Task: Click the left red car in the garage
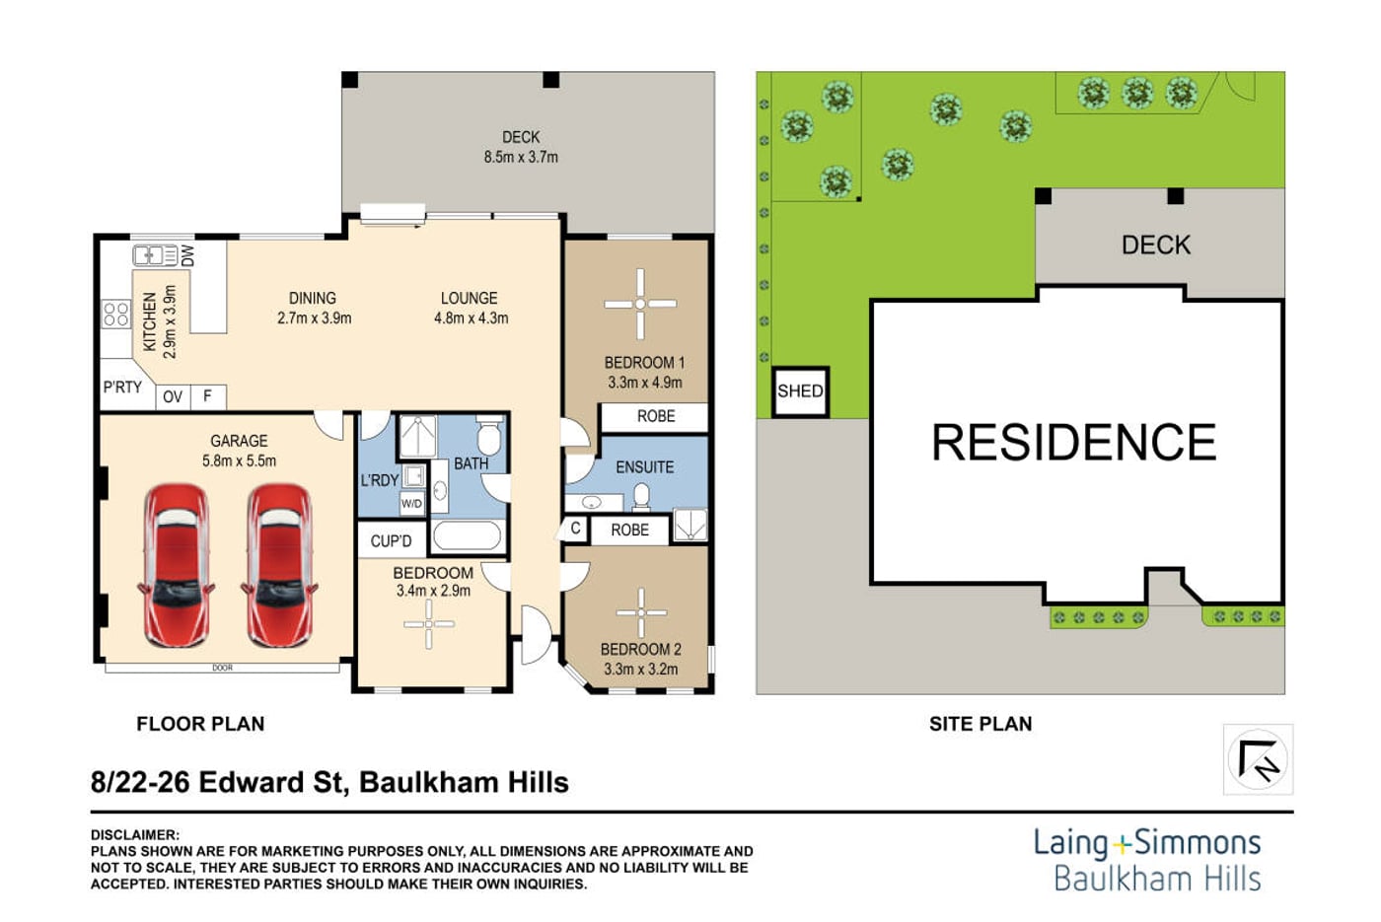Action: point(177,565)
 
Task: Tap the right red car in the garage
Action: point(280,565)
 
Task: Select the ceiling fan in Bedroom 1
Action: point(640,304)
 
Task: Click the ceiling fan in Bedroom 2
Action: point(641,612)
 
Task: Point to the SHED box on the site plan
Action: point(800,392)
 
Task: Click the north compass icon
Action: point(1259,759)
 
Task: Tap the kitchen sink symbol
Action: point(155,255)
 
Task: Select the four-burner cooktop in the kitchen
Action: point(116,314)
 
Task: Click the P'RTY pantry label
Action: point(122,387)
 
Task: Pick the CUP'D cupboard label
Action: point(391,541)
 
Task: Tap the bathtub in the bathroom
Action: point(467,536)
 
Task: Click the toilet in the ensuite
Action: point(641,498)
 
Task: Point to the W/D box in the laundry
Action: point(411,504)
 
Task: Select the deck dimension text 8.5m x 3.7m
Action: point(521,157)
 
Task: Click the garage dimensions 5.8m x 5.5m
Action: point(239,461)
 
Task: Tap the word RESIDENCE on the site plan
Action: point(1074,443)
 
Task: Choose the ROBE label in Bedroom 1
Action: point(656,416)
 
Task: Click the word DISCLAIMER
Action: point(135,835)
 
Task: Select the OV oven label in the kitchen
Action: point(173,396)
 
